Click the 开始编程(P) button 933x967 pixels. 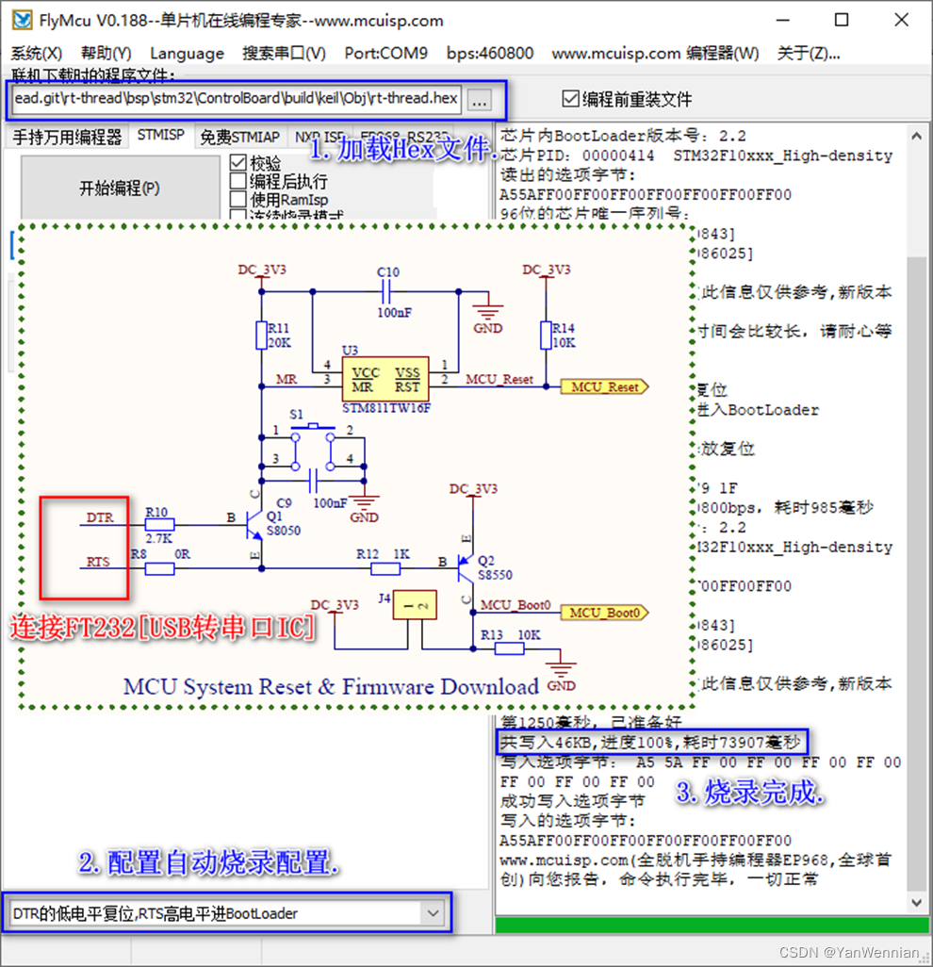119,188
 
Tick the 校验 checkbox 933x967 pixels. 238,163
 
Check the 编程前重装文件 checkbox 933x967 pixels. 570,99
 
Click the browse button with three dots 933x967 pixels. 479,99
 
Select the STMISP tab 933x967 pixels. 160,136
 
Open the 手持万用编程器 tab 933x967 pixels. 67,137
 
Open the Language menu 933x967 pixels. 187,54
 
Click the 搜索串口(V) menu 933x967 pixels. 284,54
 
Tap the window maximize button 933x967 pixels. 842,20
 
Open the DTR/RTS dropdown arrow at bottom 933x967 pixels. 433,913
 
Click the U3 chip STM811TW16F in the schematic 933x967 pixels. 385,380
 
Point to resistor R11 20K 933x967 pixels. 262,336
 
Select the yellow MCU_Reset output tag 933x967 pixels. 603,387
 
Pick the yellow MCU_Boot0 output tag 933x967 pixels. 606,613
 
